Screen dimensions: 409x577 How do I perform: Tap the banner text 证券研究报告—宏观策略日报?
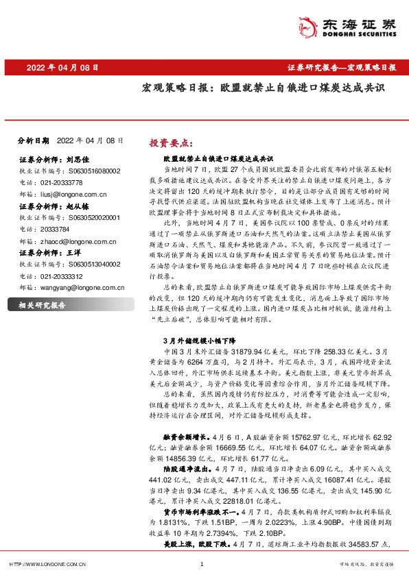pos(340,68)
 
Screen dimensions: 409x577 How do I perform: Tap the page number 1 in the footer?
pos(202,565)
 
